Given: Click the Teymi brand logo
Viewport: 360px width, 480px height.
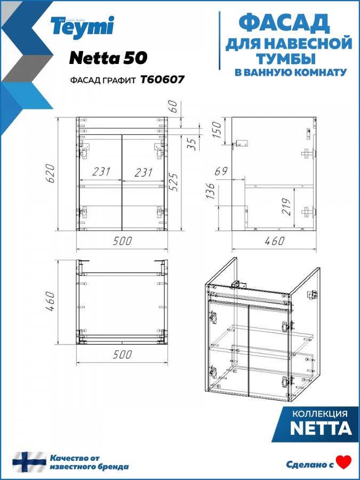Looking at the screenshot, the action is coord(82,27).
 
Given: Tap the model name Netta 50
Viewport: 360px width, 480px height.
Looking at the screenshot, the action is coord(108,58).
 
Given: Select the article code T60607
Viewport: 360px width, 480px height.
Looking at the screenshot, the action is coord(163,79).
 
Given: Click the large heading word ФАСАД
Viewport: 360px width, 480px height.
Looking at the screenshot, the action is coord(284,23).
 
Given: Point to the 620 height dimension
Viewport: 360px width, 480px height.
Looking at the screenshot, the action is coord(50,173).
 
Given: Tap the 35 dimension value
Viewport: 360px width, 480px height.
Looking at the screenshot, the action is coord(191,144).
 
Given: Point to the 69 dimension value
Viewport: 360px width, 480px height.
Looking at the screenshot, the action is coord(221,171).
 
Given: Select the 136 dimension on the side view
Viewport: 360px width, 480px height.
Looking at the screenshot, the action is coord(210,191).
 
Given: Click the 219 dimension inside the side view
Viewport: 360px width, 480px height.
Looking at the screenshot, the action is coord(286,207).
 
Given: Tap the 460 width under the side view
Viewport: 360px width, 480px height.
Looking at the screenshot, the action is coord(275,241).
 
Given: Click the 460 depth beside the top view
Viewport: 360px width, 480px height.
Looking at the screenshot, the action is coord(50,301).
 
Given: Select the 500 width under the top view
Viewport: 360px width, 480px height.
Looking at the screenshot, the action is coord(123,355).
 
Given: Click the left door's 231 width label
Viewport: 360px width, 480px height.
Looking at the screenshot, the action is coord(101,172).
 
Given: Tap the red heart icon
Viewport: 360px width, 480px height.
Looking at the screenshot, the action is coord(343,462).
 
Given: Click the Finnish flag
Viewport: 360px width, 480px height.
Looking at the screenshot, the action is coord(29,462).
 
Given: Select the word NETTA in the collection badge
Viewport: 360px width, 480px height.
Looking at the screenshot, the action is coord(321,428).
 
